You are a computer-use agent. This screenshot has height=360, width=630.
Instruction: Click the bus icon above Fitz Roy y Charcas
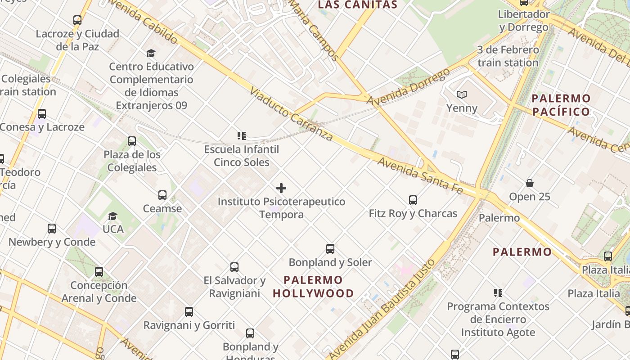(413, 200)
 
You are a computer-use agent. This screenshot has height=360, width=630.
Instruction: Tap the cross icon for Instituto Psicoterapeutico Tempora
(281, 188)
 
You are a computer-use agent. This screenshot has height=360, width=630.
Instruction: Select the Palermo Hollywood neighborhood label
(313, 287)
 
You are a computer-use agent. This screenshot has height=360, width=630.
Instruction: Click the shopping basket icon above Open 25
(530, 184)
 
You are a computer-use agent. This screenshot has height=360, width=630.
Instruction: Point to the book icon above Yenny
(462, 95)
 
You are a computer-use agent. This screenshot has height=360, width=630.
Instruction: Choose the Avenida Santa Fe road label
(420, 175)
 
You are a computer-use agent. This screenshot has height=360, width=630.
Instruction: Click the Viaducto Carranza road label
(291, 114)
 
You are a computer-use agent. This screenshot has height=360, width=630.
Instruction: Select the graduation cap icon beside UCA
(112, 216)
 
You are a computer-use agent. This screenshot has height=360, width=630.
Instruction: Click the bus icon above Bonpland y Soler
(330, 249)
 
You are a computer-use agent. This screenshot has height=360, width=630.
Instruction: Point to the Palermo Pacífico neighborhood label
(561, 105)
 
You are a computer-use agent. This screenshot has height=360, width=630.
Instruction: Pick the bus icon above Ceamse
(162, 195)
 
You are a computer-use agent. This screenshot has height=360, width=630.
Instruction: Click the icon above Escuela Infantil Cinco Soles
(241, 135)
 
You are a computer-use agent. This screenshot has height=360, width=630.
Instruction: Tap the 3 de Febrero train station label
(508, 56)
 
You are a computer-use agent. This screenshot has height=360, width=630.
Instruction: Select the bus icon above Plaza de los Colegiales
(131, 141)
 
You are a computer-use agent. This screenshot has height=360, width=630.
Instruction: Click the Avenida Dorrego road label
(408, 86)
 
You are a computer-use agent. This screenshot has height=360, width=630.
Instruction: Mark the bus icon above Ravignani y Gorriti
(189, 312)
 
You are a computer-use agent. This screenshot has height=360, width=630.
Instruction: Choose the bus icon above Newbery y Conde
(52, 229)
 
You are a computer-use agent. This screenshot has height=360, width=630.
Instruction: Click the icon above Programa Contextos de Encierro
(498, 293)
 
